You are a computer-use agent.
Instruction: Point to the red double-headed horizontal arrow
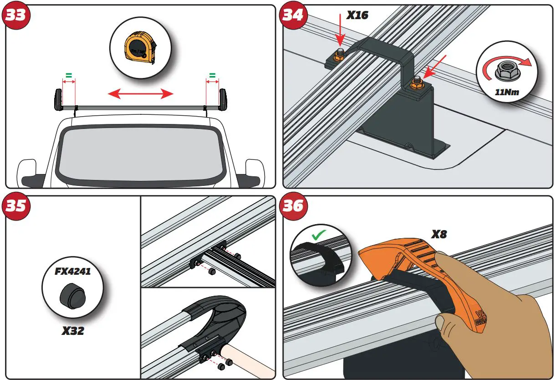pos(140,94)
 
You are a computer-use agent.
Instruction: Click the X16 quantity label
pos(357,15)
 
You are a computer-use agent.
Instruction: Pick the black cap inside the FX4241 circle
pos(72,297)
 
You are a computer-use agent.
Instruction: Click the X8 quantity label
pos(439,235)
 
